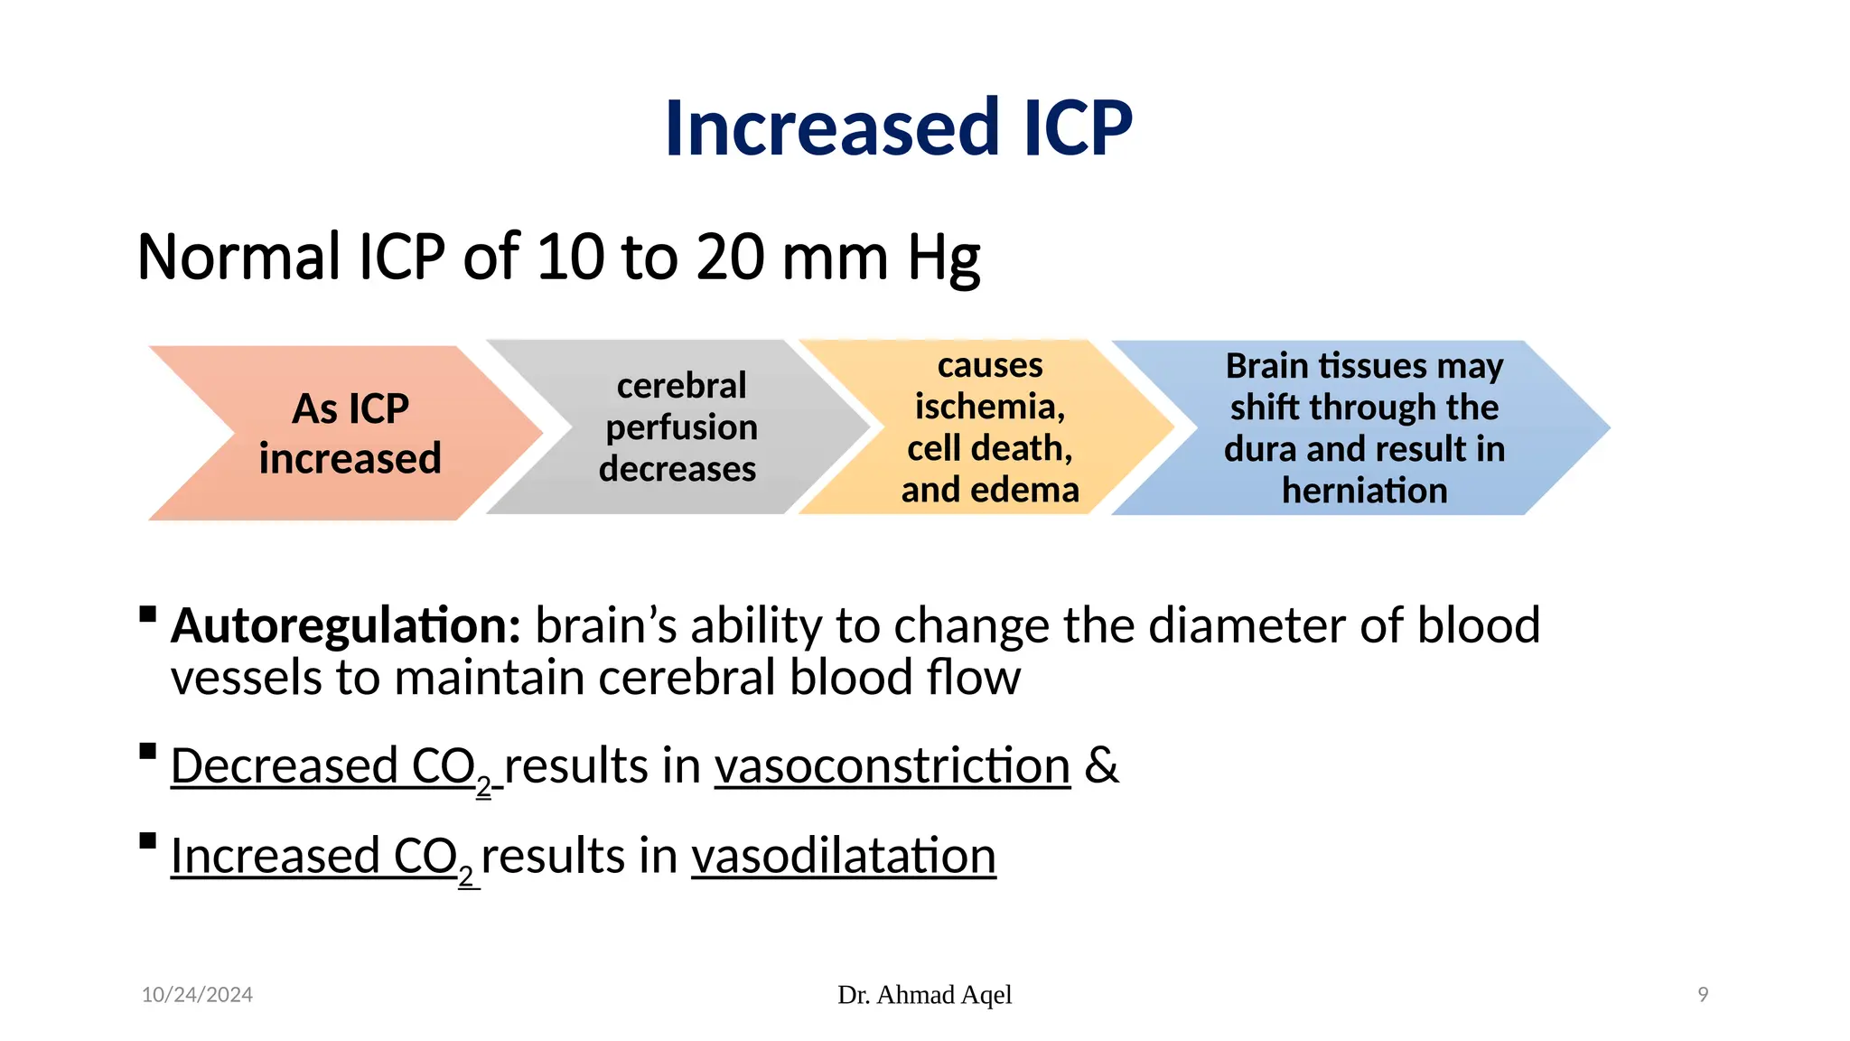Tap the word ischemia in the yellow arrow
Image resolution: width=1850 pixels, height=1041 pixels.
tap(989, 407)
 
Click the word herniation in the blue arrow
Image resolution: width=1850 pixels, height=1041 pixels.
tap(1364, 491)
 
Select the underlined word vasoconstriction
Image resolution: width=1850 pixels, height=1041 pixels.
tap(892, 766)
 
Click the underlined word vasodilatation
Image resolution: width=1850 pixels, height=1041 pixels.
tap(843, 856)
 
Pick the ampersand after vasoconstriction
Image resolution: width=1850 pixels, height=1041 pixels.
tap(1101, 766)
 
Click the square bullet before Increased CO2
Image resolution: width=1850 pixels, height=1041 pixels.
tap(148, 841)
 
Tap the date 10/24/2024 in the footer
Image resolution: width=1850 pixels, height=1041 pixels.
tap(197, 995)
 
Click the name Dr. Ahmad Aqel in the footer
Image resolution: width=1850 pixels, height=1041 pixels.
tap(924, 995)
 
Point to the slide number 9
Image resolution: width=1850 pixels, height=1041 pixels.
tap(1703, 995)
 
